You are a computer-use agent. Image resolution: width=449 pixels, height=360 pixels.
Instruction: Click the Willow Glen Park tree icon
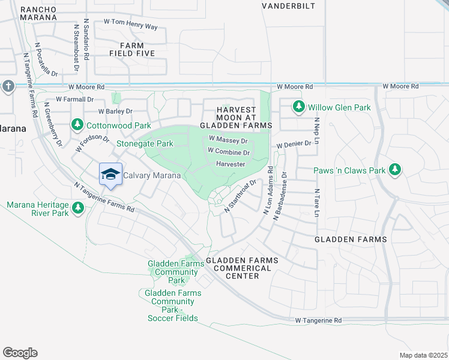(x=298, y=107)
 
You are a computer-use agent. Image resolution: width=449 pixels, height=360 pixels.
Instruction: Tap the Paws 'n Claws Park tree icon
(x=394, y=170)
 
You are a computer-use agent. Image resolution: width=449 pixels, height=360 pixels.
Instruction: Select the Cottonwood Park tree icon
(x=77, y=125)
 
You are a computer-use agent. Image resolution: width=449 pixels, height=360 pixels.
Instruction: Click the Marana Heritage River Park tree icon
(x=77, y=208)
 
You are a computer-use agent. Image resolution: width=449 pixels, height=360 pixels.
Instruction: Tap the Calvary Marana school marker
(x=110, y=175)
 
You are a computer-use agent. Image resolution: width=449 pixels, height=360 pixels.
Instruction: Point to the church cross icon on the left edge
(x=7, y=86)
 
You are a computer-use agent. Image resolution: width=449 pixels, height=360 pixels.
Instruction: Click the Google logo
(x=20, y=353)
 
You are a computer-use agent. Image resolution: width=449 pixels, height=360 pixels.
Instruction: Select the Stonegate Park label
(x=145, y=143)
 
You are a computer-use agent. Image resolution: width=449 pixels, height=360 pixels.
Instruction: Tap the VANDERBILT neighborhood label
(x=288, y=6)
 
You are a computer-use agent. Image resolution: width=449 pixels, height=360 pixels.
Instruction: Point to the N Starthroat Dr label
(x=241, y=196)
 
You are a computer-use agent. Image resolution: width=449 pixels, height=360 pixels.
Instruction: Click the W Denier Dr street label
(x=294, y=145)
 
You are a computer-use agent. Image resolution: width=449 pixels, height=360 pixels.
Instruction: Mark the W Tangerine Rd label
(x=318, y=321)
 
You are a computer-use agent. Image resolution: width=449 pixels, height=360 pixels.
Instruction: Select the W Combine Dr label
(x=229, y=152)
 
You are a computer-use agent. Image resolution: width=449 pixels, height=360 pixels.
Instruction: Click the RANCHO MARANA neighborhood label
(x=38, y=13)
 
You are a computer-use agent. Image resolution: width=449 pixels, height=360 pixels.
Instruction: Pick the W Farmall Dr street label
(x=75, y=99)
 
